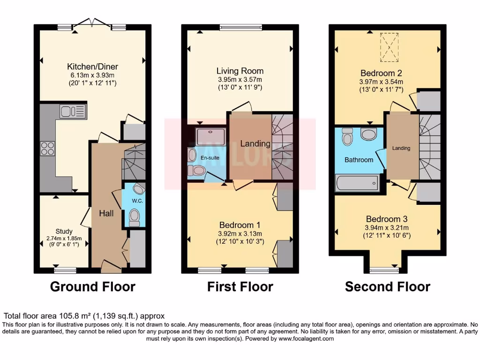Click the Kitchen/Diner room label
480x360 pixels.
tap(92, 66)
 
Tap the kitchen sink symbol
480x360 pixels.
tap(72, 111)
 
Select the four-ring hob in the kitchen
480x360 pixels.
tap(47, 148)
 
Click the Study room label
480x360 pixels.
tap(64, 231)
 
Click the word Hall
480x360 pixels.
tap(106, 213)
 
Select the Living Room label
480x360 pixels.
tap(240, 71)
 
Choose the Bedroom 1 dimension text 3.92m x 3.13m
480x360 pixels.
tap(240, 234)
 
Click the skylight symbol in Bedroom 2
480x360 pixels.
tap(388, 47)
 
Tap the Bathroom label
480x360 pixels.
tap(359, 160)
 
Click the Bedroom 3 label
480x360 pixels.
tap(387, 219)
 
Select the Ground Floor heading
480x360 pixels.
tap(92, 286)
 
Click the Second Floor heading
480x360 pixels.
tap(387, 286)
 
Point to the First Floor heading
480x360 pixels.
tap(240, 286)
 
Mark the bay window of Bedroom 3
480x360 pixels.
tap(383, 270)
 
